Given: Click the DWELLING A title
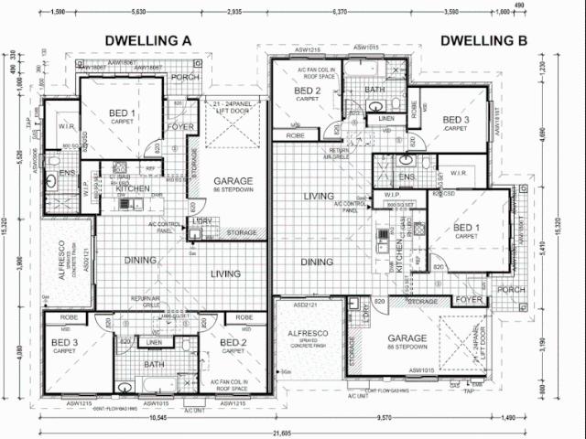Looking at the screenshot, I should pyautogui.click(x=148, y=40).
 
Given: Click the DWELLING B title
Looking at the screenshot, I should pyautogui.click(x=484, y=40).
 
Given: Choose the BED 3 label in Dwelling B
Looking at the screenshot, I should pyautogui.click(x=456, y=120).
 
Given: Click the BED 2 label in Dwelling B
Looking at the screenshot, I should pyautogui.click(x=307, y=91).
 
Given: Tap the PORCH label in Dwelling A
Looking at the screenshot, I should pyautogui.click(x=185, y=78).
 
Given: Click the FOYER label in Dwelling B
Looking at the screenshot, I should pyautogui.click(x=469, y=299).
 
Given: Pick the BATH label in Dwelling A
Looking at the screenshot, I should pyautogui.click(x=154, y=364).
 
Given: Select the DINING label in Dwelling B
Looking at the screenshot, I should pyautogui.click(x=317, y=262).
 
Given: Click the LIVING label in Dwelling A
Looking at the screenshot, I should pyautogui.click(x=225, y=273).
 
